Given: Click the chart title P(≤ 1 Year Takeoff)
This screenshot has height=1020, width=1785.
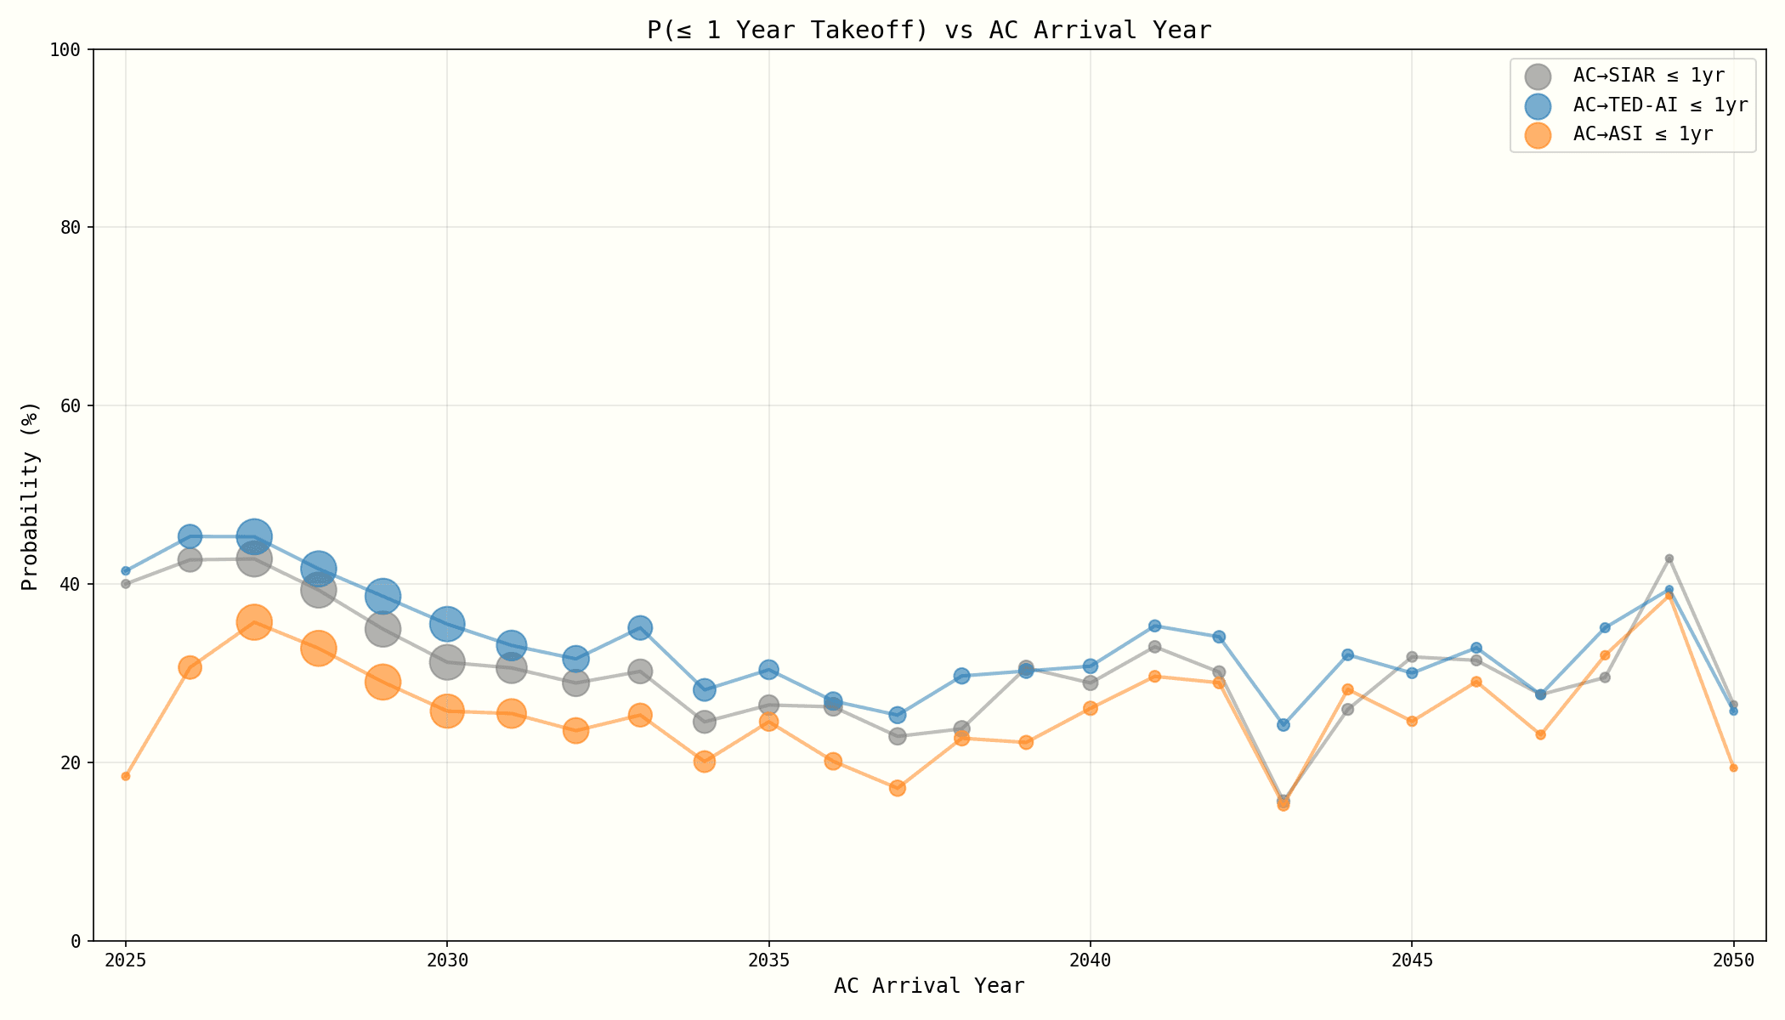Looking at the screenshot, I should [x=928, y=31].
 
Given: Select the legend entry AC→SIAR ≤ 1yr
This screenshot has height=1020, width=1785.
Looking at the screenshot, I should [x=1648, y=76].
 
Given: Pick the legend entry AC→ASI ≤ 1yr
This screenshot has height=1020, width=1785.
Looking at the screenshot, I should [x=1642, y=134].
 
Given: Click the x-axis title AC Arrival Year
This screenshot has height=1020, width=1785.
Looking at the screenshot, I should [x=928, y=986].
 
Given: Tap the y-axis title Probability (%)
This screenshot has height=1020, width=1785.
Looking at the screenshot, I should [x=31, y=496].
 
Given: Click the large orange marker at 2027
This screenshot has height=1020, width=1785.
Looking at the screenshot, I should [x=254, y=622].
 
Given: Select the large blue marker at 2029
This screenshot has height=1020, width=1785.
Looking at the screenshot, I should [x=383, y=596].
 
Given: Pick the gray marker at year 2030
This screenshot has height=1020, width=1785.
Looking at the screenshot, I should [x=447, y=661].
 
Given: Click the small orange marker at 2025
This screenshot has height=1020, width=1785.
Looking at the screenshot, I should [x=126, y=776].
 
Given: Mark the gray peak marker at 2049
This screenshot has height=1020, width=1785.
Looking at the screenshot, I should [x=1669, y=558].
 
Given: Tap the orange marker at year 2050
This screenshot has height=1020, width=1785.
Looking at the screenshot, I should [x=1733, y=768].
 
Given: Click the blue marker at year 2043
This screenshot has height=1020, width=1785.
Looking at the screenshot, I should [x=1283, y=724].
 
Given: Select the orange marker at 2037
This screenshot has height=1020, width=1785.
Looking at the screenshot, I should [x=898, y=788].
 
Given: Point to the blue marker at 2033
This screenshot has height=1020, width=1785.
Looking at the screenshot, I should [x=640, y=628].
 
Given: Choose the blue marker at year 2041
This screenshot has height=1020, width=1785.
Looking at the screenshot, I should [x=1154, y=626].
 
